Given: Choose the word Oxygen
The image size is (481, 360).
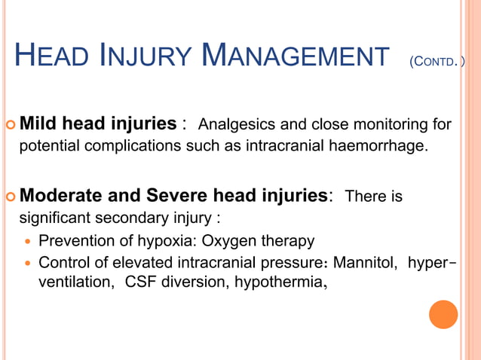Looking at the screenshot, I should pos(219,242).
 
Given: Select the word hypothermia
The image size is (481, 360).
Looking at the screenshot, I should pos(278,283).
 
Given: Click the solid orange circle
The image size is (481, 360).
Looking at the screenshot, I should pos(443,314).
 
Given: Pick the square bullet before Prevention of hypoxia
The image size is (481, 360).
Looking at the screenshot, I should pos(28,243).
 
